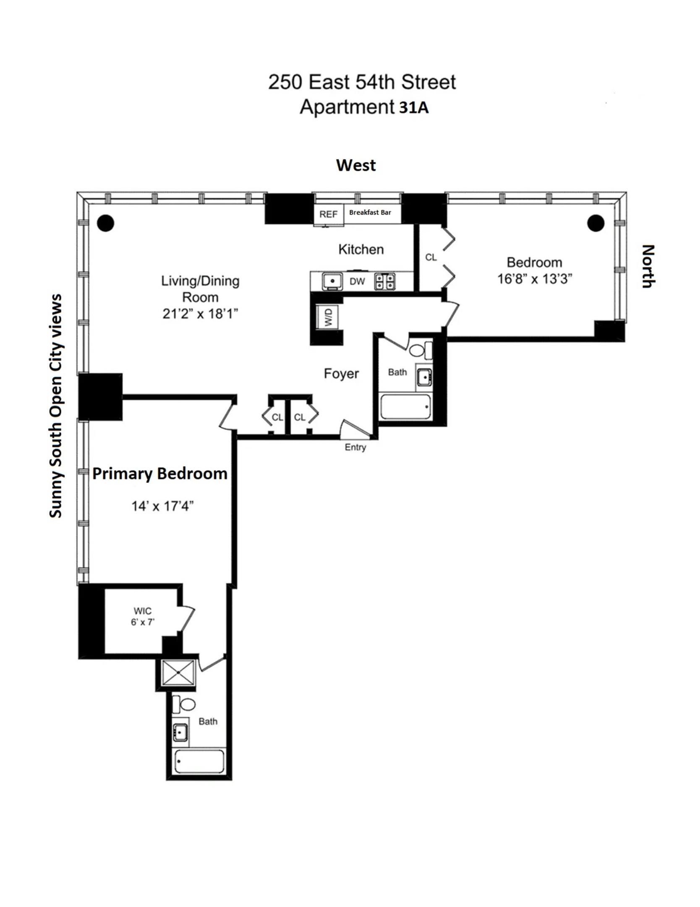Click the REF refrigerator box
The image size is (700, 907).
328,214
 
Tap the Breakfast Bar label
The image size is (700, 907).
370,212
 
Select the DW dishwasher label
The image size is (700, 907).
357,282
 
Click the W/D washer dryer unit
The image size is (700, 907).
328,317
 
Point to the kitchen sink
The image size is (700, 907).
332,281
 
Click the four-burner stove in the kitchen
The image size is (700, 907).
384,281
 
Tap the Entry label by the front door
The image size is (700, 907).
355,447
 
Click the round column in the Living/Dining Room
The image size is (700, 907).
105,223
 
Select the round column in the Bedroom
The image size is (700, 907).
596,223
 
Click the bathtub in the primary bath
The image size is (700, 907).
199,761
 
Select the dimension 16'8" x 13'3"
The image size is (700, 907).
535,279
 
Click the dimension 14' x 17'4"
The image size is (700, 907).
162,506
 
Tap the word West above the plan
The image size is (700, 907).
355,165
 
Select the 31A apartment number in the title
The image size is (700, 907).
413,108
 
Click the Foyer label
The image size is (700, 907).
341,373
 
